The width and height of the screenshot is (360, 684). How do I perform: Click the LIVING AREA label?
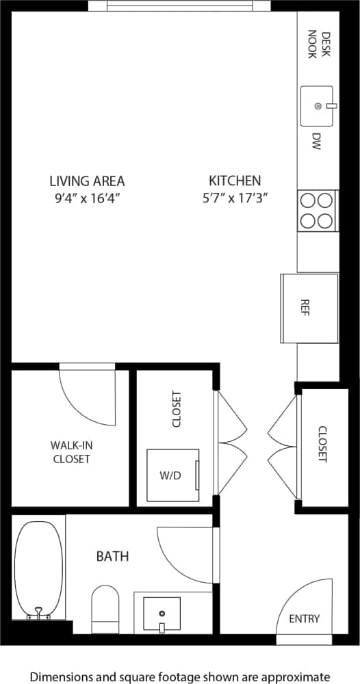87,181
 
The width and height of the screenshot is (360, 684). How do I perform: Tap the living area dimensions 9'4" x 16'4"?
87,198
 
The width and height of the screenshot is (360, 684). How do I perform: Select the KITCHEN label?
235,181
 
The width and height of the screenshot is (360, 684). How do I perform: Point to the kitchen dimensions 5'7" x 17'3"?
235,198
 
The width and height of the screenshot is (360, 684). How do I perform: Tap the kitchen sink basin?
317,106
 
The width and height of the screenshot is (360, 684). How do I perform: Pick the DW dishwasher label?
316,142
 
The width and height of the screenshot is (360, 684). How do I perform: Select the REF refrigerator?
309,308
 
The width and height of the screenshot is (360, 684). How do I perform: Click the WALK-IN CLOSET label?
71,452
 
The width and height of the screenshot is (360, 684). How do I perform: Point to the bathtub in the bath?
38,570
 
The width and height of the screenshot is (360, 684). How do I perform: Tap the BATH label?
112,556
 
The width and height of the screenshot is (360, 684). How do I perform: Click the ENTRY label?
304,619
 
